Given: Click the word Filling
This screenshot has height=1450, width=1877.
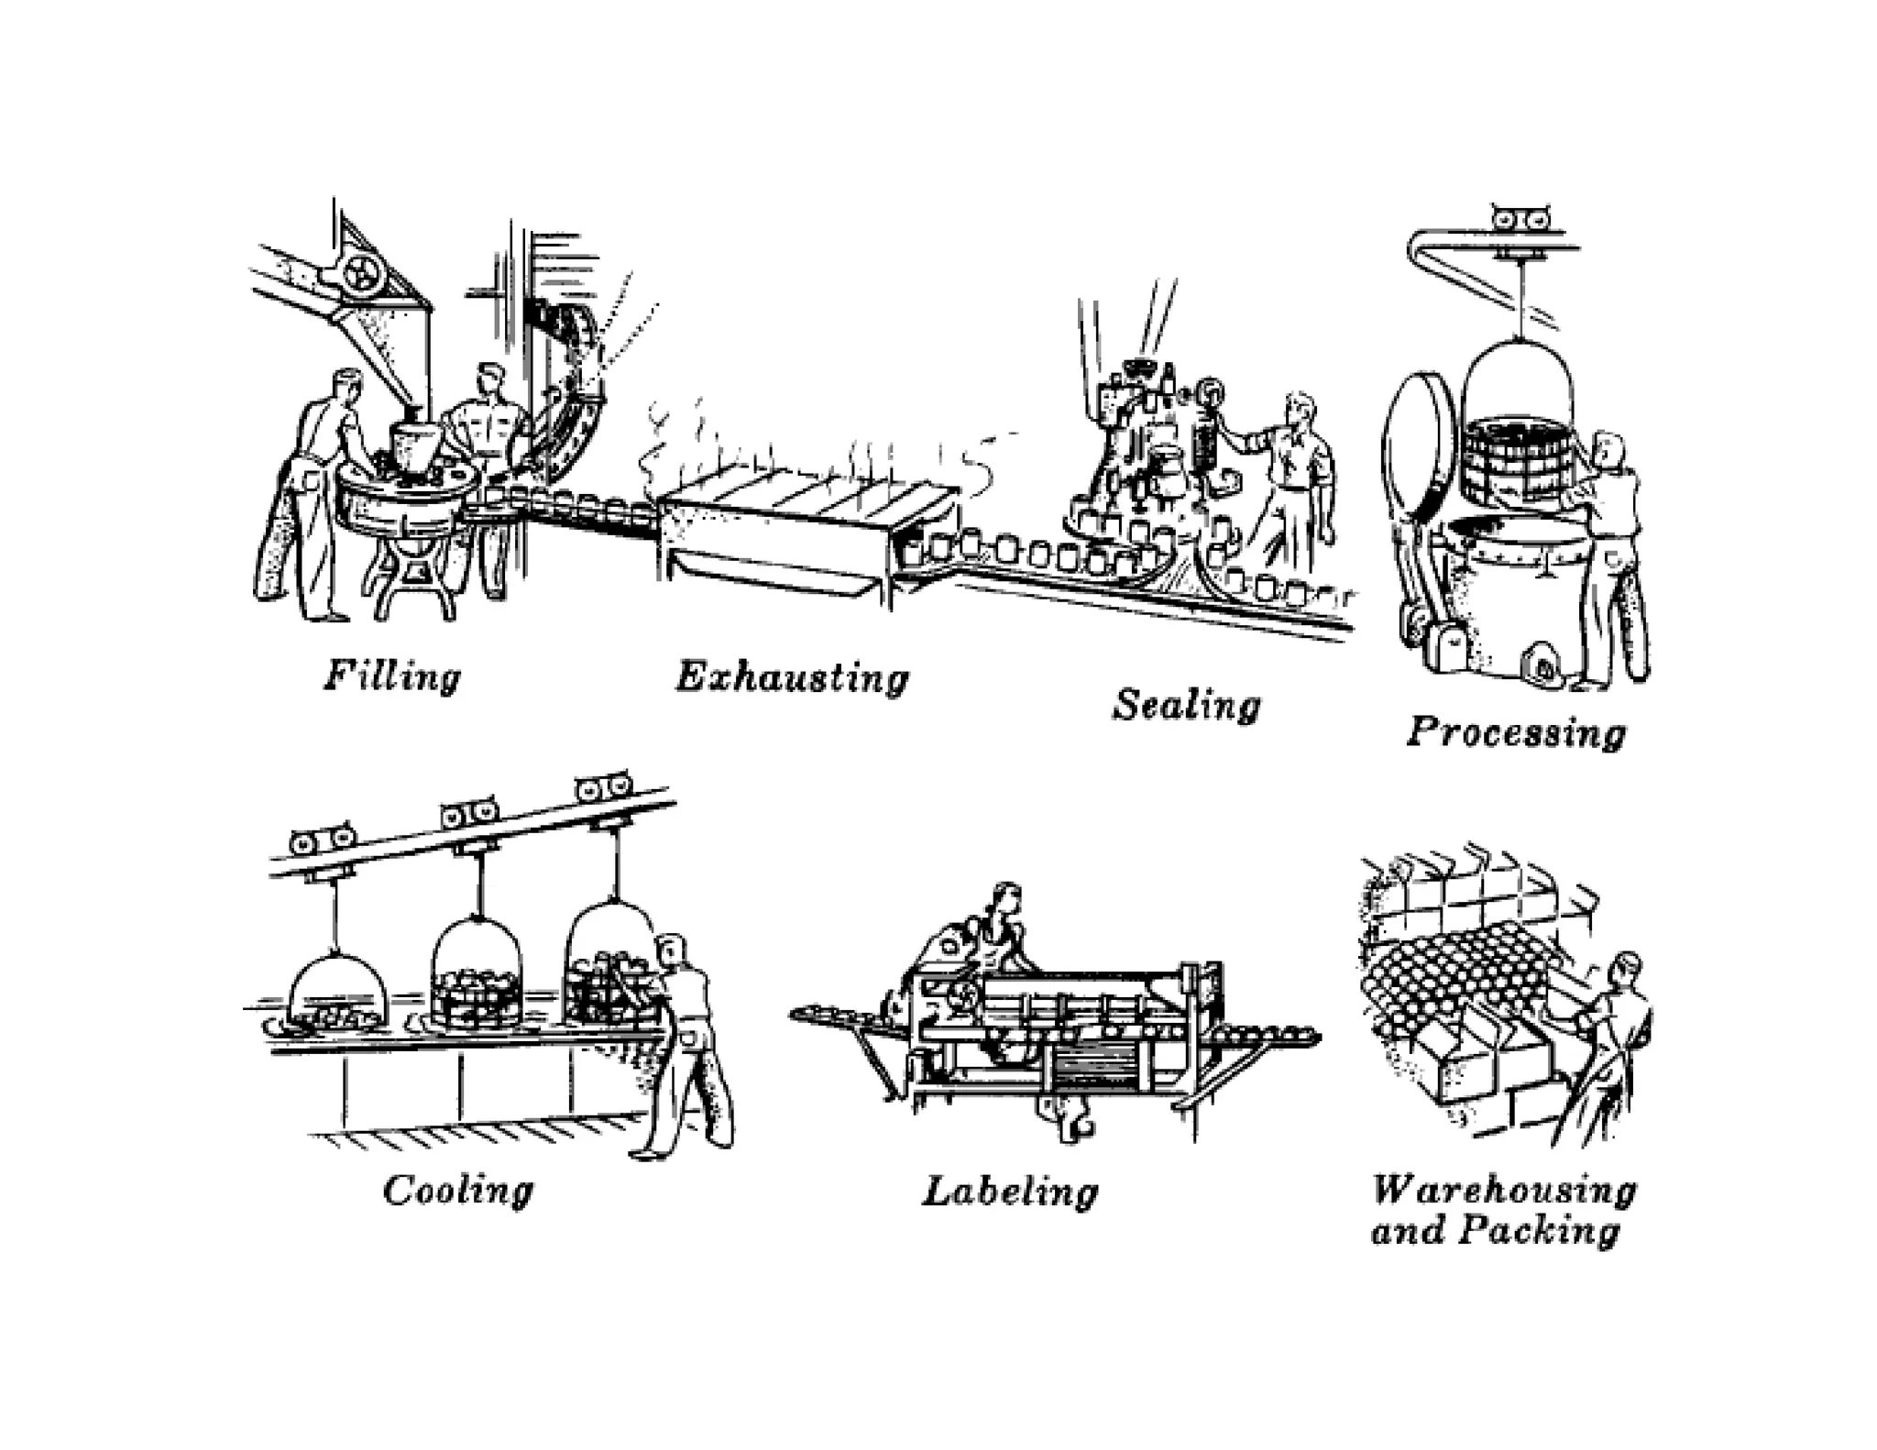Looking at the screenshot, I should pyautogui.click(x=392, y=677).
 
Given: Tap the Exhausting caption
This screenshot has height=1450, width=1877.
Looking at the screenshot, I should pyautogui.click(x=792, y=679).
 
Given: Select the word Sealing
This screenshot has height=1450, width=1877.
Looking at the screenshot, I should pyautogui.click(x=1186, y=705).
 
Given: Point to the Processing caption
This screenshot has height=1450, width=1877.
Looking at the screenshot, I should pyautogui.click(x=1516, y=732).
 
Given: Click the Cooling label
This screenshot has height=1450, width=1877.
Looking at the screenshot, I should pyautogui.click(x=457, y=1191).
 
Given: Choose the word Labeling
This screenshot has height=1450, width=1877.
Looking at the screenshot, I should pyautogui.click(x=1009, y=1192).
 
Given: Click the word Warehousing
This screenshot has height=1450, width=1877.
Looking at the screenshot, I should pyautogui.click(x=1503, y=1190).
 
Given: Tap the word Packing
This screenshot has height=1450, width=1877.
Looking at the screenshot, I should pyautogui.click(x=1539, y=1230).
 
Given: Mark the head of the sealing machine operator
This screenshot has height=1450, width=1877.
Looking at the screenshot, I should pyautogui.click(x=1299, y=410).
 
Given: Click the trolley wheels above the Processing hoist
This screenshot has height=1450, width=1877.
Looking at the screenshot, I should pyautogui.click(x=1520, y=218).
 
